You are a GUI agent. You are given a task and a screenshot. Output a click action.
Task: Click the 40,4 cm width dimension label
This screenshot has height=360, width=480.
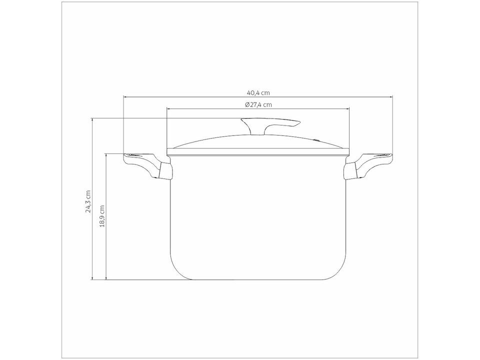pyautogui.click(x=258, y=92)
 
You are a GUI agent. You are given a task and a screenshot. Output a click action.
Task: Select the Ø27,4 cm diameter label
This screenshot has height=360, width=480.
pyautogui.click(x=258, y=104)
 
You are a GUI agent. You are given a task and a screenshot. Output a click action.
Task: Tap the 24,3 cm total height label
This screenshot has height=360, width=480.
pyautogui.click(x=88, y=201)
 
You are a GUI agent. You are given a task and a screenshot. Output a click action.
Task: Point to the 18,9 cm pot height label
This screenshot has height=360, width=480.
pyautogui.click(x=102, y=216)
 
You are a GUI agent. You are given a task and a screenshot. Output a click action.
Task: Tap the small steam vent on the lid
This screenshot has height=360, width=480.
pyautogui.click(x=316, y=140)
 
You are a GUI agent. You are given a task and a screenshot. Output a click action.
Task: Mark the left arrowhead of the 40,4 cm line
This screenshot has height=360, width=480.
pyautogui.click(x=125, y=97)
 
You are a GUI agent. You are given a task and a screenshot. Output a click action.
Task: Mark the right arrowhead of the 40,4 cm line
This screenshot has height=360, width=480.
pyautogui.click(x=391, y=97)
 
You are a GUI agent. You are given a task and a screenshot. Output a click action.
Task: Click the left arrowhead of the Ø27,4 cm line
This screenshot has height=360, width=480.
pyautogui.click(x=168, y=109)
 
